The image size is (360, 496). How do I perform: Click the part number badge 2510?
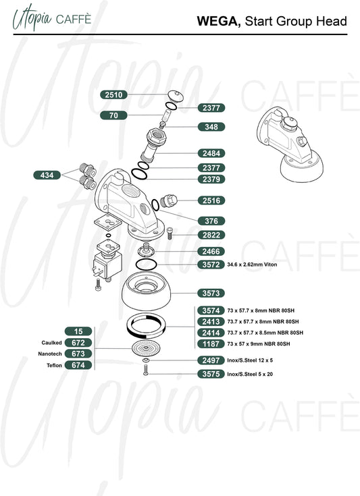point(113,94)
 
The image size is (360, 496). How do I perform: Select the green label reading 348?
point(211,127)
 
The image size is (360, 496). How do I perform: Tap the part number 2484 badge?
point(211,153)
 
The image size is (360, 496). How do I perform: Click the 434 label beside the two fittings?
point(47,175)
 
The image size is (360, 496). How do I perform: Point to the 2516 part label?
point(211,200)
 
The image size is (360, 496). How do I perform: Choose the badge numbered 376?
point(211,221)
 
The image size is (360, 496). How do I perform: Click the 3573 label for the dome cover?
point(211,294)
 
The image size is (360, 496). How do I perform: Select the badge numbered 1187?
point(211,344)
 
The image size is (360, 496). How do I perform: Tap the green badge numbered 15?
point(78,331)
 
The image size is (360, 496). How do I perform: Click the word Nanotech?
point(50,354)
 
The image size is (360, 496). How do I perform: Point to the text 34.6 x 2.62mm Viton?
point(252,265)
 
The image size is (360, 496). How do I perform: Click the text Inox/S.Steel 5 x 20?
point(250,375)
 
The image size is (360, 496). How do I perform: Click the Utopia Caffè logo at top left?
point(52,18)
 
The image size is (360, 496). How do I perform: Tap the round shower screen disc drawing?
point(146,349)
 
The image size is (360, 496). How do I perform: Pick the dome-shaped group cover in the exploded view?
point(147,290)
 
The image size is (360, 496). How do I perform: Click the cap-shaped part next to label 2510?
point(176,96)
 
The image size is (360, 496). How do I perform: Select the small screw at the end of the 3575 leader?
point(146,370)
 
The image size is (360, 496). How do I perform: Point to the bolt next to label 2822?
point(170,233)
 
